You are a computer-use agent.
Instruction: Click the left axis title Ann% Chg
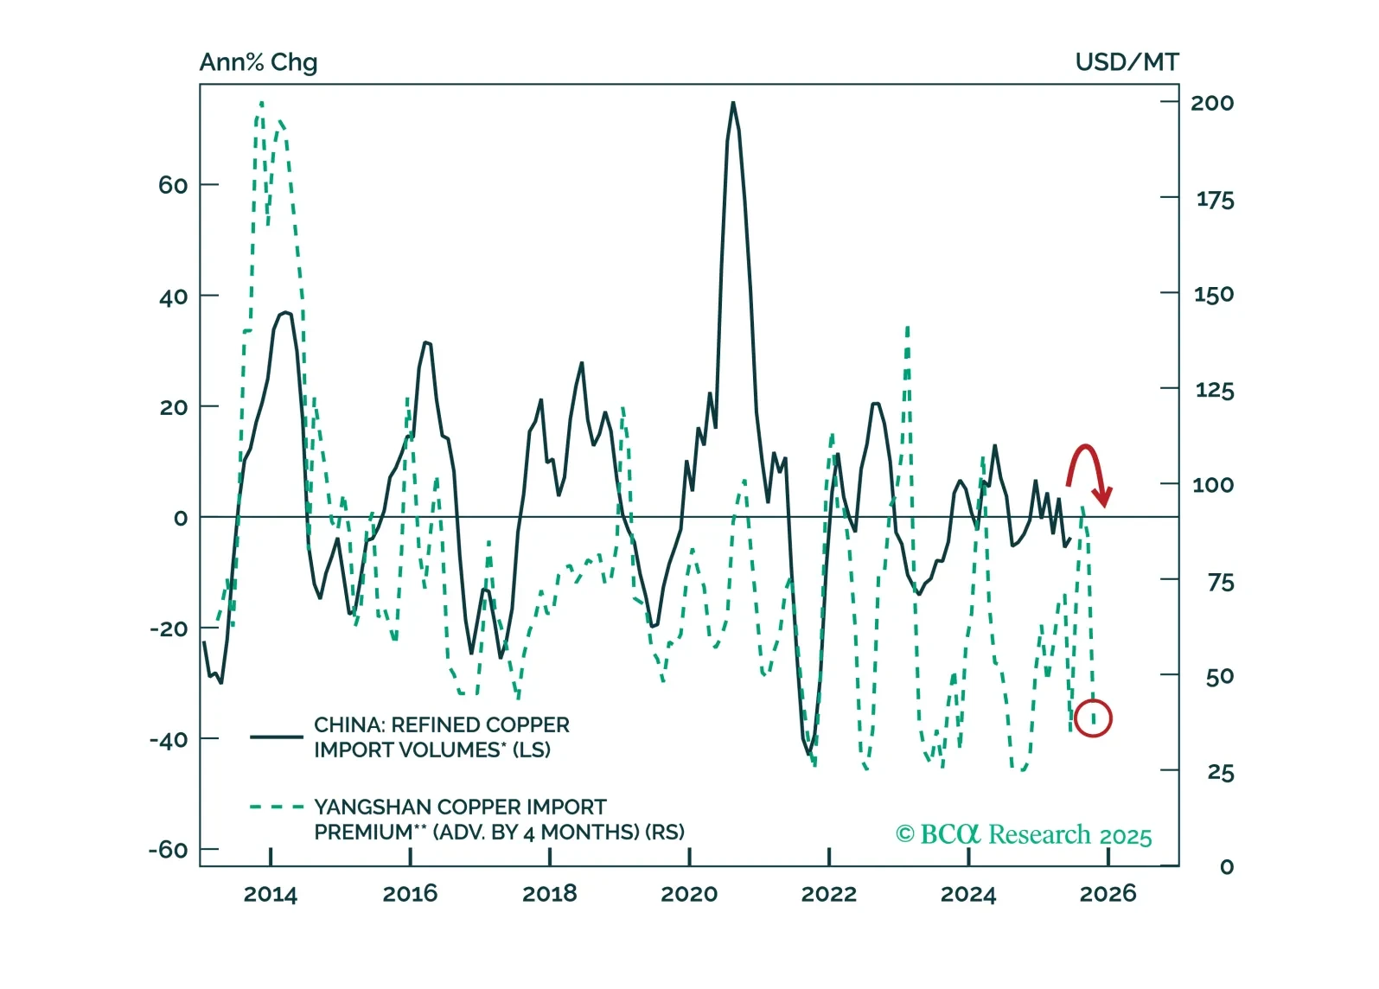[x=259, y=63]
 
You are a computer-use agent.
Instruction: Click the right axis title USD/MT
[x=1127, y=62]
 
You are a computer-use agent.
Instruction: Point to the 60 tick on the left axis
[x=173, y=185]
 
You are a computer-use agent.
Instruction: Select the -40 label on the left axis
[x=169, y=740]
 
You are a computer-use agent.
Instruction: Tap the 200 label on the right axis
[x=1212, y=103]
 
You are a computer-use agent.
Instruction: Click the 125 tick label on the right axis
[x=1214, y=390]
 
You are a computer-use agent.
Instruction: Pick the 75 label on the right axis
[x=1220, y=582]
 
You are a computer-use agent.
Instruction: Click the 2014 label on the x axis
[x=270, y=894]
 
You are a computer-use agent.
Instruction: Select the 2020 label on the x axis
[x=689, y=894]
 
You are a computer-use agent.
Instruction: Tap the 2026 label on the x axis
[x=1108, y=894]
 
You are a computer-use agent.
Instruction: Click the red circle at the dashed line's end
[x=1093, y=718]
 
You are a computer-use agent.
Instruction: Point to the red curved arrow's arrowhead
[x=1102, y=498]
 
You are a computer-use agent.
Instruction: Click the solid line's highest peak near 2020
[x=733, y=103]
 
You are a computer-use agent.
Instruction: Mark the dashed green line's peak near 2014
[x=261, y=103]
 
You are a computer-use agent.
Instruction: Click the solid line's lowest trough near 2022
[x=810, y=754]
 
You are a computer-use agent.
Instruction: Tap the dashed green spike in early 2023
[x=907, y=328]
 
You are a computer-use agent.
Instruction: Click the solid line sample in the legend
[x=276, y=737]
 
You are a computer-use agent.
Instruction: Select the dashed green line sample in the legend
[x=276, y=807]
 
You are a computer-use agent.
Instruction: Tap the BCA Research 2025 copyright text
[x=1024, y=835]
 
